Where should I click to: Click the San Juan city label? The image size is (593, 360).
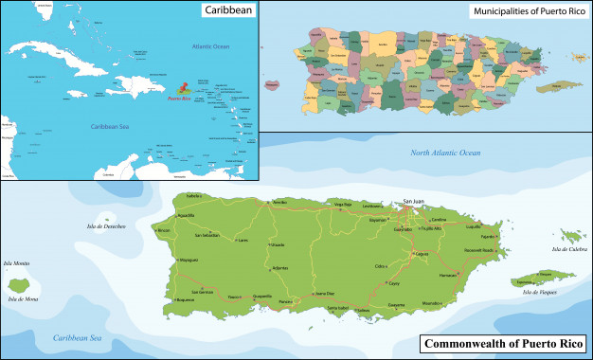(x=413, y=201)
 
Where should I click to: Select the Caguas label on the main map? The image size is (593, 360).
(x=423, y=254)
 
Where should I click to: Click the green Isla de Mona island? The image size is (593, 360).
(x=18, y=283)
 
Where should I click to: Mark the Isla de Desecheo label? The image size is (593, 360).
(x=106, y=226)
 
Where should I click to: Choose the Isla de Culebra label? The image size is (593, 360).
(x=567, y=249)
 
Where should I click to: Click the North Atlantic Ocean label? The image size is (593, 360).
(x=445, y=153)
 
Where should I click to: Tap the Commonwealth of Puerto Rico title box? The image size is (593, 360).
(x=505, y=343)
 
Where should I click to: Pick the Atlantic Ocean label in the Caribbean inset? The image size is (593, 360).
(x=210, y=45)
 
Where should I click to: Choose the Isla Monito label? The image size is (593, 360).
(x=17, y=262)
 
